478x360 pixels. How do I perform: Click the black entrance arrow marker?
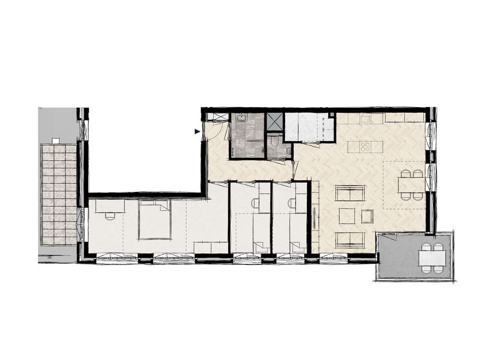pos(198,132)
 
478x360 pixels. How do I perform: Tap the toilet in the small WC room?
pos(275,139)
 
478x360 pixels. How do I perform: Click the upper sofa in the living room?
pos(350,193)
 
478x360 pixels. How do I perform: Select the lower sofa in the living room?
pos(350,238)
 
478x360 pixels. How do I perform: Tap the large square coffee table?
pos(347,216)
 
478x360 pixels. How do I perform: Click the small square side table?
pos(367,217)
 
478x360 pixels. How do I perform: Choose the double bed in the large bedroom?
pos(155,221)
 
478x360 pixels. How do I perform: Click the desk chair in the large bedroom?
pos(109,216)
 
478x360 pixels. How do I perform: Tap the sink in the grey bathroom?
pos(241,119)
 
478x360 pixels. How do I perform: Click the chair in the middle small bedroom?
pos(255,203)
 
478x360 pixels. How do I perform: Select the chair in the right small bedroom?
pos(292,203)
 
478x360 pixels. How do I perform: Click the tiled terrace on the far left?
pos(58,194)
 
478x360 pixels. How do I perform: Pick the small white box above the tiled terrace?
pos(56,141)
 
